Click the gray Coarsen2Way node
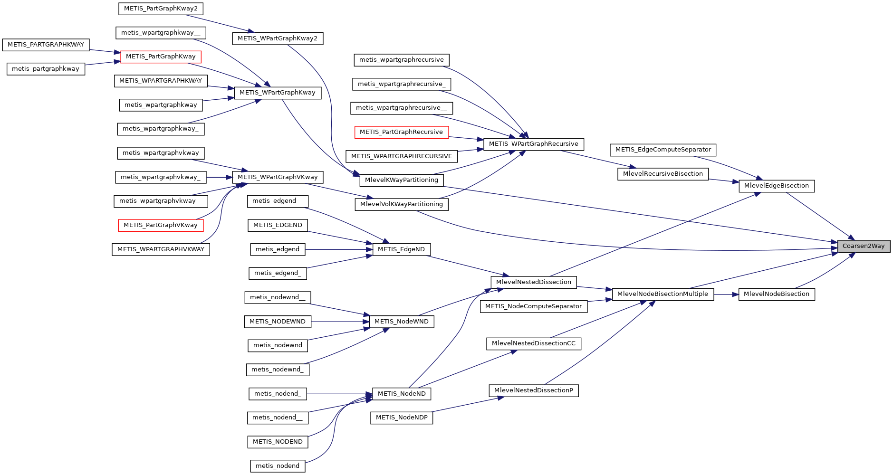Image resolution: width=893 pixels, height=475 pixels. click(864, 246)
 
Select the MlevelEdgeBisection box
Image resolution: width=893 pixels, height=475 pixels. click(776, 186)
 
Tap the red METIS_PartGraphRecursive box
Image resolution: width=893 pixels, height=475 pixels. click(401, 132)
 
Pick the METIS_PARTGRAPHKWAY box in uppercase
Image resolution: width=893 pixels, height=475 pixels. click(46, 45)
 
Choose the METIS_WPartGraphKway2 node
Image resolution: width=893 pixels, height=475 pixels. click(278, 38)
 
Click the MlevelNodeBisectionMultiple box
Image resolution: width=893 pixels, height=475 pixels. click(663, 294)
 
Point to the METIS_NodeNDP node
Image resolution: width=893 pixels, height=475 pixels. click(402, 418)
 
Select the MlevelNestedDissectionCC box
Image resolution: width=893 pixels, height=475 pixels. click(533, 343)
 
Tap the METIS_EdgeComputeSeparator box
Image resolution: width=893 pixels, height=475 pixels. click(663, 150)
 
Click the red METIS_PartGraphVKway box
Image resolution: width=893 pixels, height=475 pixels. click(161, 225)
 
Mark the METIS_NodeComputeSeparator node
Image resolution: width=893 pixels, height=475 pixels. click(533, 306)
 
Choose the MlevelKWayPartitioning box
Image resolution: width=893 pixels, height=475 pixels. click(402, 180)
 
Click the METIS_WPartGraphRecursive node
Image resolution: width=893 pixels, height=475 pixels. click(533, 144)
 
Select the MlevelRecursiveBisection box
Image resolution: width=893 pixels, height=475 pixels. click(663, 174)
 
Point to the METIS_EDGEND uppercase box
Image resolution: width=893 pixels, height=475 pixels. click(278, 225)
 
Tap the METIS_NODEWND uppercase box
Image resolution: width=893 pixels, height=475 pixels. click(278, 322)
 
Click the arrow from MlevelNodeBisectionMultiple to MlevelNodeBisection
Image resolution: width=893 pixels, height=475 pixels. click(726, 294)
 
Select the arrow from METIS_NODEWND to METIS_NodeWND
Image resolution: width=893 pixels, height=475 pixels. click(340, 322)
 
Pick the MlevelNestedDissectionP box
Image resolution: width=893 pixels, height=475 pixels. click(533, 390)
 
